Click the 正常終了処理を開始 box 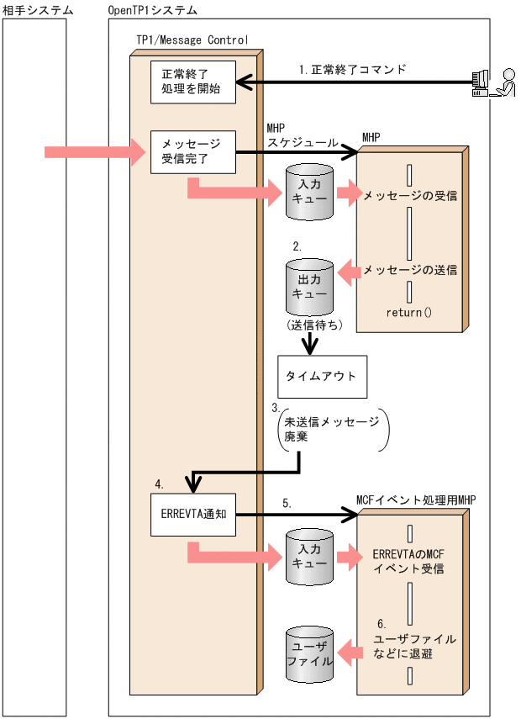[192, 82]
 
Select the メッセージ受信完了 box [192, 152]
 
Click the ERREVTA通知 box [192, 512]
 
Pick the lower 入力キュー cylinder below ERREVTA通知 [309, 557]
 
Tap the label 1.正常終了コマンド [353, 70]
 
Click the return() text [408, 313]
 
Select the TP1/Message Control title [192, 40]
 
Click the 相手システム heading [37, 9]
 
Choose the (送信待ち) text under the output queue [313, 325]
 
